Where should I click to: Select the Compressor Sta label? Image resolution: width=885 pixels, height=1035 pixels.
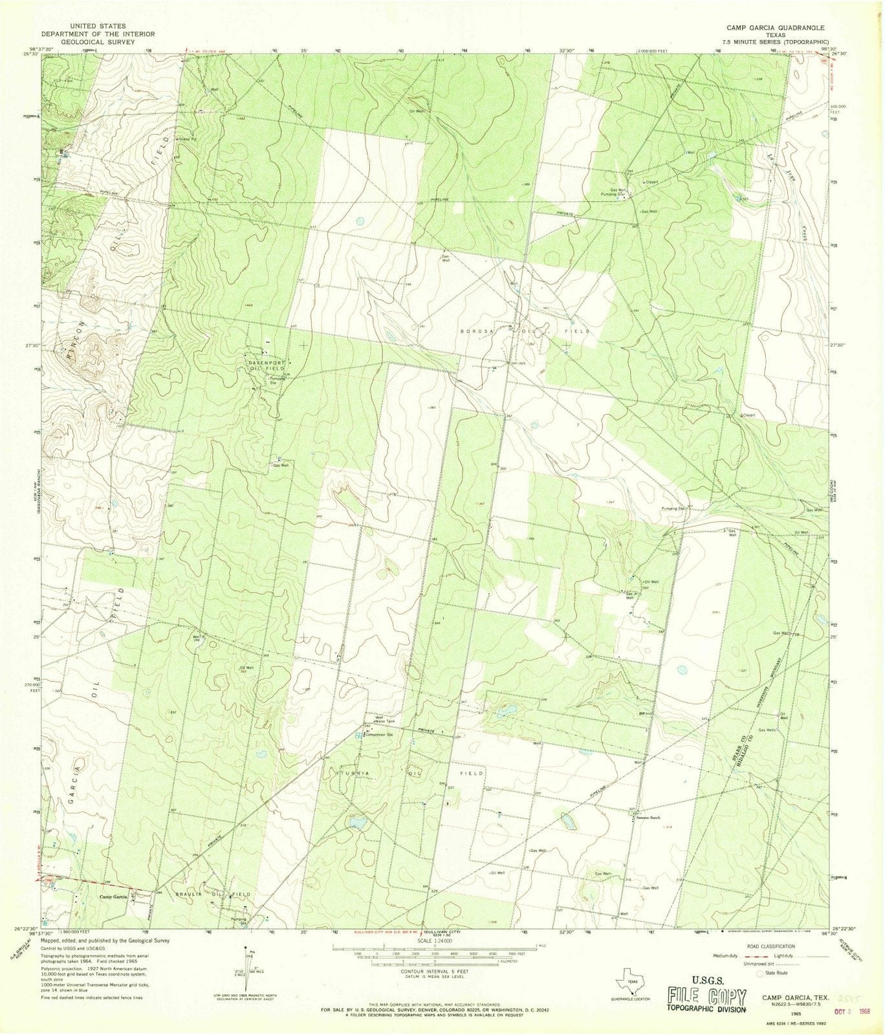coord(381,735)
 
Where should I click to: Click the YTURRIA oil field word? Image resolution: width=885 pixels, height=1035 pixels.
coord(347,773)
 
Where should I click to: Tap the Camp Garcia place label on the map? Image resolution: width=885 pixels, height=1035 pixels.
coord(112,897)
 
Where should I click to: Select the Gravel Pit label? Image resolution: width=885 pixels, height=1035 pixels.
coord(188,138)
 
